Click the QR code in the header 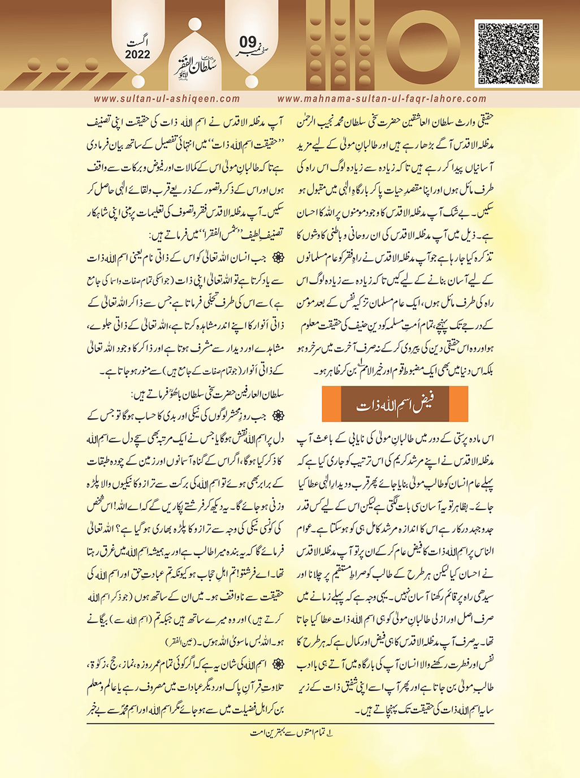click(x=509, y=53)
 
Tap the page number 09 click(x=248, y=42)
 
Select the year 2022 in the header click(x=137, y=55)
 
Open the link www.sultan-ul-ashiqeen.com click(x=167, y=99)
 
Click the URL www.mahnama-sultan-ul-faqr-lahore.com click(x=382, y=99)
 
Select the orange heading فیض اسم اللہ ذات click(x=395, y=405)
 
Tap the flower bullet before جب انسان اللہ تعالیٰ click(x=278, y=258)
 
